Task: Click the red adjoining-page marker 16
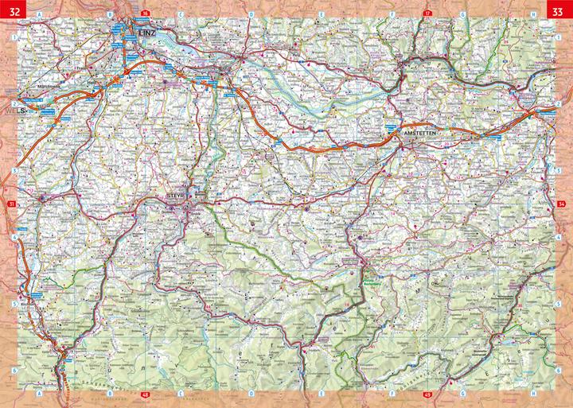point(144,14)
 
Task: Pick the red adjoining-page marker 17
point(427,14)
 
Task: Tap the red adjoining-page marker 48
point(144,394)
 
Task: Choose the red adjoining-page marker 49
point(427,394)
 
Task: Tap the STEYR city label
point(176,196)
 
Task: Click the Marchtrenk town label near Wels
point(49,85)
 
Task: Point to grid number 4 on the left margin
point(15,237)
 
